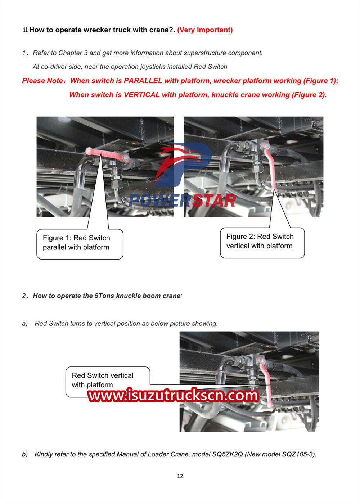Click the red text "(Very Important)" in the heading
point(205,30)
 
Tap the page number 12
point(180,476)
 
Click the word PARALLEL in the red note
point(143,81)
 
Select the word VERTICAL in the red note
point(141,95)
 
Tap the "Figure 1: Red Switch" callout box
point(80,244)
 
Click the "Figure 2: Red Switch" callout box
point(262,243)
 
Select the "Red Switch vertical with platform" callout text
point(103,380)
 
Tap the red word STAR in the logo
point(214,201)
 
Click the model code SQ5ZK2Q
point(228,454)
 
